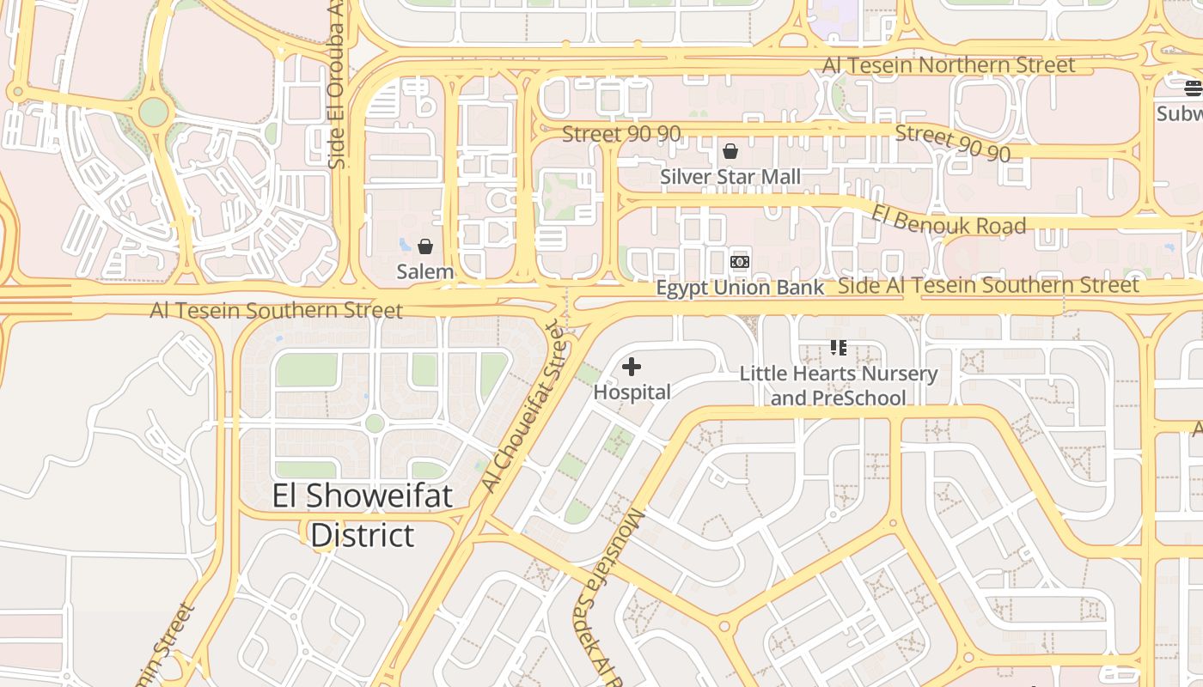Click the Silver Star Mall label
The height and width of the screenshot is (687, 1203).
(x=730, y=177)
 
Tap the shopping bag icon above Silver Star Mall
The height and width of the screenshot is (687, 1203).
(x=730, y=152)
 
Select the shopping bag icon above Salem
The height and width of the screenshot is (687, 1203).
(x=424, y=247)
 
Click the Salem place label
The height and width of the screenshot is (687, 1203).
(x=424, y=272)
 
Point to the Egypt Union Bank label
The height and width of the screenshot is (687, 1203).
(x=740, y=288)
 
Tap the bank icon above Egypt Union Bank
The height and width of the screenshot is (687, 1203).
(x=740, y=262)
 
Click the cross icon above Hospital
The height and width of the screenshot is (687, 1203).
(x=632, y=368)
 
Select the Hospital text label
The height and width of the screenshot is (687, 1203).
(x=632, y=392)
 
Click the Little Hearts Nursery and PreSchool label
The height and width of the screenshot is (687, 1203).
(x=838, y=386)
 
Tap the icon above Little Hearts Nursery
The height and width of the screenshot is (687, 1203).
(x=838, y=348)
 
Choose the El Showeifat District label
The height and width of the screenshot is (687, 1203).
(x=363, y=515)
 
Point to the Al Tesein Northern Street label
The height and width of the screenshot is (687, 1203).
(x=949, y=65)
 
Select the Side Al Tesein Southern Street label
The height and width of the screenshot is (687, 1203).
(x=988, y=286)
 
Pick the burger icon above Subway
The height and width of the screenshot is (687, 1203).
(x=1193, y=88)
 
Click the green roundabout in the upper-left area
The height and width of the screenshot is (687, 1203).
(x=154, y=112)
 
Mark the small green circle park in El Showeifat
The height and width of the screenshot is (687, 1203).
(x=374, y=423)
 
